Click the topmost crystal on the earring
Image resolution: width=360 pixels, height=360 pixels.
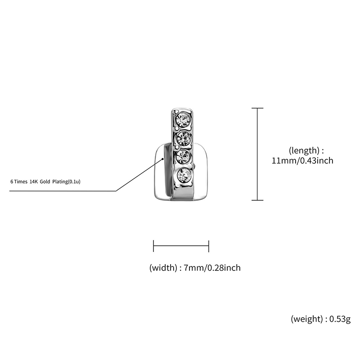[x=183, y=119]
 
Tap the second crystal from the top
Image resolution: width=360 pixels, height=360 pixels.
[x=184, y=138]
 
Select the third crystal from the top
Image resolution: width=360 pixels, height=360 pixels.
[x=184, y=156]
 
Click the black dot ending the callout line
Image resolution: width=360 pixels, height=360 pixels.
[x=163, y=158]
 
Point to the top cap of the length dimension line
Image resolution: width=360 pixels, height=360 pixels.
[x=257, y=108]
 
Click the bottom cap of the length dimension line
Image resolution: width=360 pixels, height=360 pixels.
[x=257, y=200]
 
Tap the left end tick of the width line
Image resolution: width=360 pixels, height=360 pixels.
[x=153, y=246]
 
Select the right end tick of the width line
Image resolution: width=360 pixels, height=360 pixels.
[x=209, y=246]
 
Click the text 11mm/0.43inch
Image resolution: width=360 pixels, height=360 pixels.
[x=302, y=161]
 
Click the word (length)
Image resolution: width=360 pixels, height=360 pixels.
[x=304, y=150]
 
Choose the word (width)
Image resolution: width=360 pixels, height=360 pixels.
[x=163, y=267]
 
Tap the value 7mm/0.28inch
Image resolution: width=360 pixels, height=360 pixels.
[x=212, y=268]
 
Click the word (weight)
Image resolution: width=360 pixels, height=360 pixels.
[x=307, y=319]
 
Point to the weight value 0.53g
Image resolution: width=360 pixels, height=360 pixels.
[x=340, y=319]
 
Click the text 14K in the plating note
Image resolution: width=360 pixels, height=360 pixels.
[x=34, y=182]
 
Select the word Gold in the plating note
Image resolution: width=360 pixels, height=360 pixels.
[x=45, y=182]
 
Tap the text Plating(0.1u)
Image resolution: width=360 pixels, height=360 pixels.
[x=66, y=182]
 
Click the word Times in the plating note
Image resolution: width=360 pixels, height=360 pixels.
[x=21, y=182]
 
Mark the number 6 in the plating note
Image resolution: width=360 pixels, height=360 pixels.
[x=12, y=182]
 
